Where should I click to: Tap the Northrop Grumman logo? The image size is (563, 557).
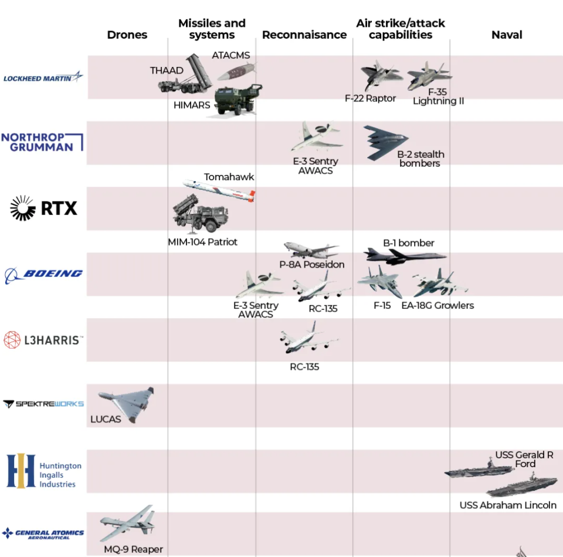point(42,142)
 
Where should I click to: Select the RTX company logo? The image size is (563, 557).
point(44,208)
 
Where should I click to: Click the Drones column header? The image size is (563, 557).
point(127,35)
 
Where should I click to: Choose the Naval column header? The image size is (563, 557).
point(507,35)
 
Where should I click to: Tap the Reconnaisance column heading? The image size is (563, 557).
point(304,35)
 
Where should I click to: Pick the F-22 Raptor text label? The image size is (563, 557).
point(370,98)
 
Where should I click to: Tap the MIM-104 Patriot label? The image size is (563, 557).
point(203,242)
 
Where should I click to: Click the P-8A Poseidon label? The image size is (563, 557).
point(311,264)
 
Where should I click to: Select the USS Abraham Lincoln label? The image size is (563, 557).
point(508,505)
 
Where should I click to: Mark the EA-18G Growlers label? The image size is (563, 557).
point(437,305)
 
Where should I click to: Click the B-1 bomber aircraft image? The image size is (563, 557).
point(405,256)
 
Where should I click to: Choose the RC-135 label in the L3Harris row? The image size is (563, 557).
point(304,367)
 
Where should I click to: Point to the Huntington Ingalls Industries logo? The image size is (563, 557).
point(44,471)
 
